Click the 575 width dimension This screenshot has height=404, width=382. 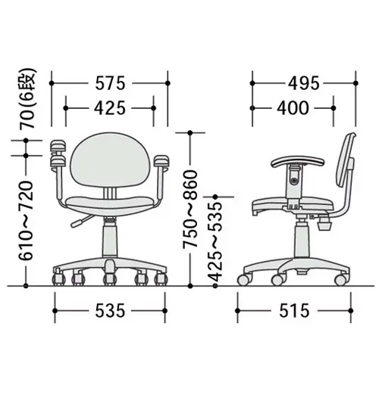click(110, 83)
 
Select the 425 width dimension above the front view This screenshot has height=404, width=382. click(110, 108)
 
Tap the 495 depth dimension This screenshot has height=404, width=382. click(304, 83)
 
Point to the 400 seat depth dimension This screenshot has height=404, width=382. click(293, 108)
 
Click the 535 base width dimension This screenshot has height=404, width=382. click(110, 310)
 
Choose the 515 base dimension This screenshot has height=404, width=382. click(294, 310)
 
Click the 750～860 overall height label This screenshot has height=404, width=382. click(190, 210)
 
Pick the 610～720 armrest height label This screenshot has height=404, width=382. click(26, 220)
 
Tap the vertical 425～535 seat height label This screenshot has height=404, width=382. click(215, 242)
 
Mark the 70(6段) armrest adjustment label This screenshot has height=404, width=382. click(27, 98)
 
